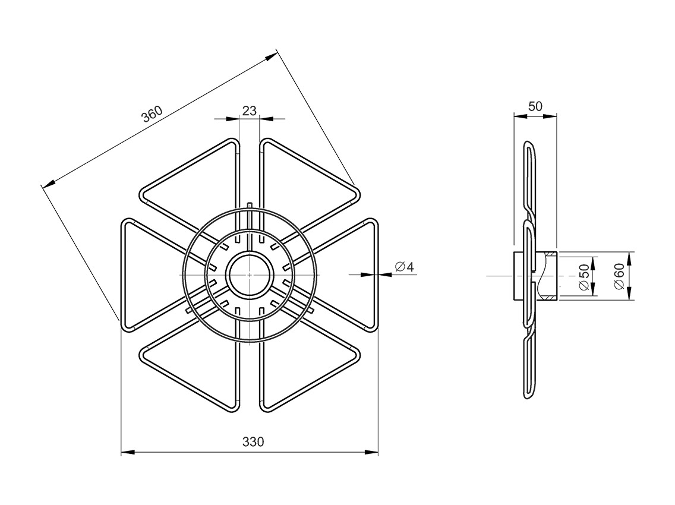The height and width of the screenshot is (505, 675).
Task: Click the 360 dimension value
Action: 152,113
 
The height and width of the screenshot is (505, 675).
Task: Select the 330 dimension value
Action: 253,441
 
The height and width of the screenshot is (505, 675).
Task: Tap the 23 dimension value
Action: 249,111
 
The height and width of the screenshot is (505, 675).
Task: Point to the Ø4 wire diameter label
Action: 404,267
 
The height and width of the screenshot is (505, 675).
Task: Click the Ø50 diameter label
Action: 583,277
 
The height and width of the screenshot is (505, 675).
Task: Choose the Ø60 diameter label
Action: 619,277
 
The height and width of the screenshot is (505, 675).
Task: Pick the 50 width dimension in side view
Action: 535,106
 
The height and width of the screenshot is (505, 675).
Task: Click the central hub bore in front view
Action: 249,274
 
